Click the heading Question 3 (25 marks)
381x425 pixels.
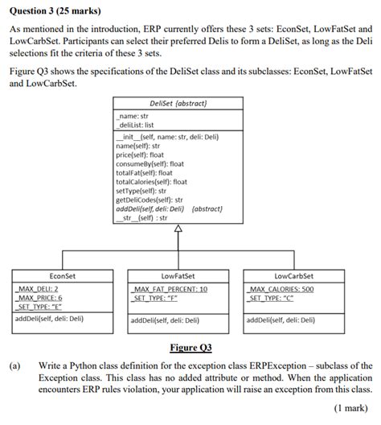point(54,8)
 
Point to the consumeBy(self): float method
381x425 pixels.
point(150,163)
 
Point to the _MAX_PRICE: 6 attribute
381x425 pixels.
point(41,296)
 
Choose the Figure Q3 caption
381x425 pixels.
point(190,348)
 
